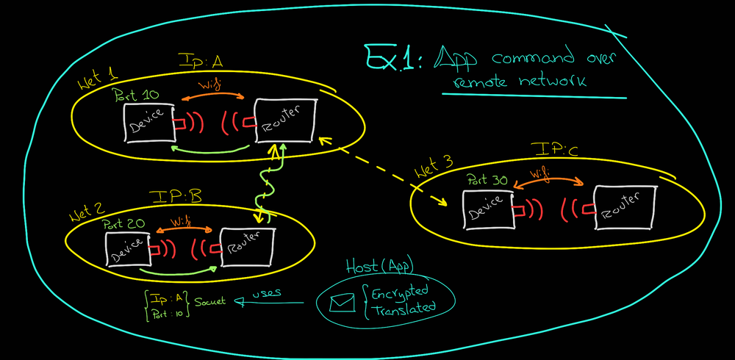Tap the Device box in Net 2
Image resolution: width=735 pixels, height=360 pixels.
click(x=127, y=250)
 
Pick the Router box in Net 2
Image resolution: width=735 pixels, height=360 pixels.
click(x=245, y=248)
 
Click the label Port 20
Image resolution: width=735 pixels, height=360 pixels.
click(x=126, y=223)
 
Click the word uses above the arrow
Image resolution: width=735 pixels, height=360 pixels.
click(x=268, y=294)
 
